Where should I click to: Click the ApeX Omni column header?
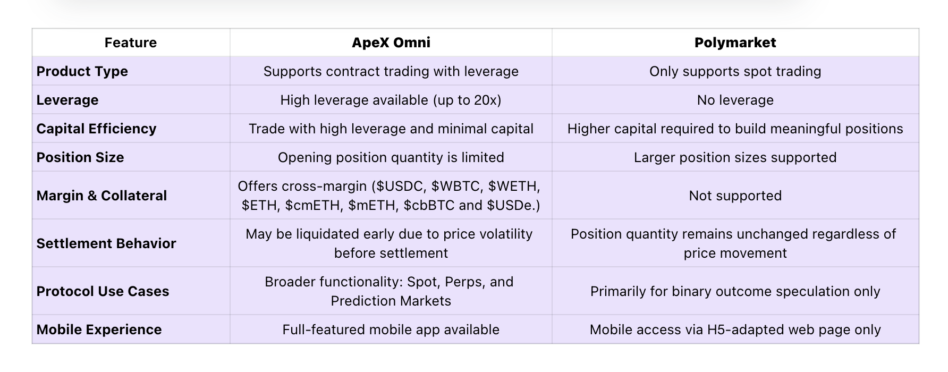click(391, 43)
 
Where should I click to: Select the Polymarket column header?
click(735, 43)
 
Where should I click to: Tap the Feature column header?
click(131, 43)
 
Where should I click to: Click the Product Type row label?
click(82, 71)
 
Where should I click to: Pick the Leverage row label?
click(67, 100)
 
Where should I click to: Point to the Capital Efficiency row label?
click(96, 129)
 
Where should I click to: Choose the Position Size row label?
click(80, 157)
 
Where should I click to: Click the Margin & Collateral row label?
click(101, 196)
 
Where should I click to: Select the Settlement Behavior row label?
click(106, 243)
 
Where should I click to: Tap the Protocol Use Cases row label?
click(103, 291)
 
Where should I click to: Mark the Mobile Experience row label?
click(99, 329)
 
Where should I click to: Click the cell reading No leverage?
click(735, 100)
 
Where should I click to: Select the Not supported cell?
click(735, 196)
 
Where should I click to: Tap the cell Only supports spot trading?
click(735, 71)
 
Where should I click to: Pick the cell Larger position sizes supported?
click(735, 157)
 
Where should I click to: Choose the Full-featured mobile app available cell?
click(391, 329)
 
